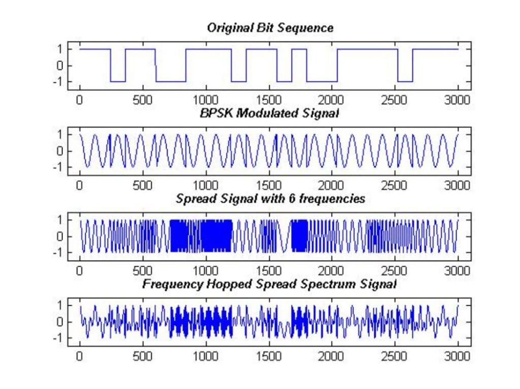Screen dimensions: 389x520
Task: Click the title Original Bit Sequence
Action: tap(270, 28)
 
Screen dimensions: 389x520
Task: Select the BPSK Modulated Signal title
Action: tap(269, 113)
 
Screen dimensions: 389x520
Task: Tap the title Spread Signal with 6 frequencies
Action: tap(270, 199)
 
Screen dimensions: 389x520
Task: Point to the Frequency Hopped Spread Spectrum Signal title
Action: tap(269, 284)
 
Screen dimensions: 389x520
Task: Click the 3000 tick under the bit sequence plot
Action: tap(458, 99)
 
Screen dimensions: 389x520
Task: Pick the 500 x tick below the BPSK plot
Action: tap(143, 184)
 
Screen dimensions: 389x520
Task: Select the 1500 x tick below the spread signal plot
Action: tap(269, 270)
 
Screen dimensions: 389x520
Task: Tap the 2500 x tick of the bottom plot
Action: tap(395, 355)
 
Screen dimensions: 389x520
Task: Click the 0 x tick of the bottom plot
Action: tap(80, 355)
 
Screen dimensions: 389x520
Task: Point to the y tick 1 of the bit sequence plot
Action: tap(59, 49)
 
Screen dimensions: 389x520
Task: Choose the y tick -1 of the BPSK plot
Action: tap(58, 167)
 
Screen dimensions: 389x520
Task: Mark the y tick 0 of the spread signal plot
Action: tap(59, 236)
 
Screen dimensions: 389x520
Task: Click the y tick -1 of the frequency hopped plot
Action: tap(58, 337)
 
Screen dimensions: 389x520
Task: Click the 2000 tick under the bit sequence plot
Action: tap(332, 99)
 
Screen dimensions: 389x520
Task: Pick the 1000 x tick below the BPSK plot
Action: tap(206, 184)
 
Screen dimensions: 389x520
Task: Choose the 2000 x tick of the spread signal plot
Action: tap(332, 270)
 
